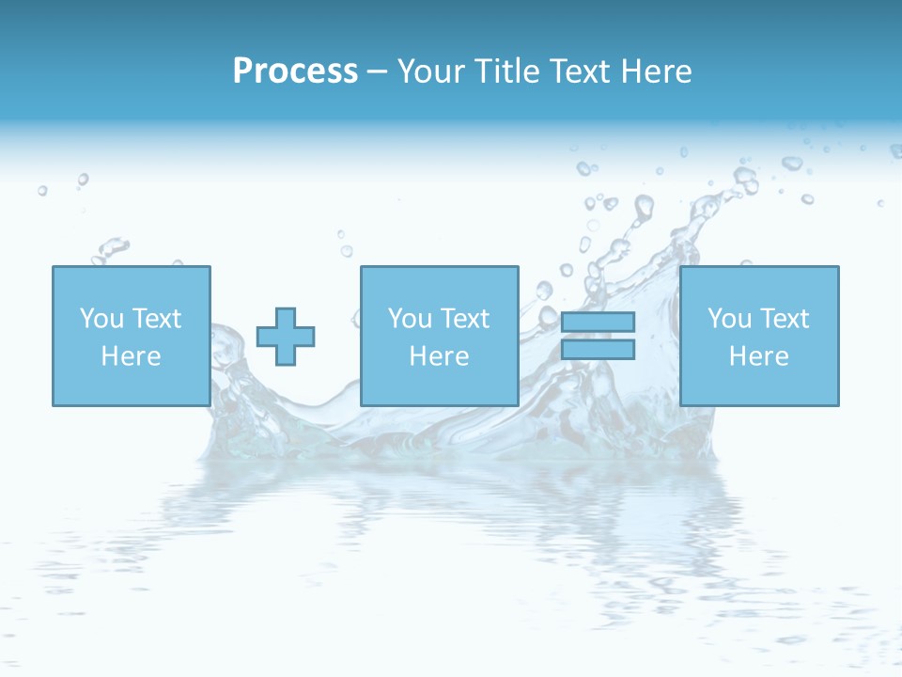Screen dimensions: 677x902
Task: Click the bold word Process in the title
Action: coord(295,71)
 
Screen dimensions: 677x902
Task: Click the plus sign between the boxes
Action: coord(286,336)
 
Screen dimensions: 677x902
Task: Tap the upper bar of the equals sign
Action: coord(598,323)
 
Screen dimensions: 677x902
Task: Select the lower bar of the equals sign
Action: coord(598,349)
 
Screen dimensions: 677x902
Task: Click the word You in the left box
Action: coord(101,319)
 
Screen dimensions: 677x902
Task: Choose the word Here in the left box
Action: coord(131,356)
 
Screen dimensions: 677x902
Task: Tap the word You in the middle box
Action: coord(410,319)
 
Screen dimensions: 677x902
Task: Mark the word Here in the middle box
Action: coord(439,356)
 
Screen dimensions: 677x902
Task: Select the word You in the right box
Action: coord(730,319)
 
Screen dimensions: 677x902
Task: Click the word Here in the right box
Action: coord(758,356)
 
